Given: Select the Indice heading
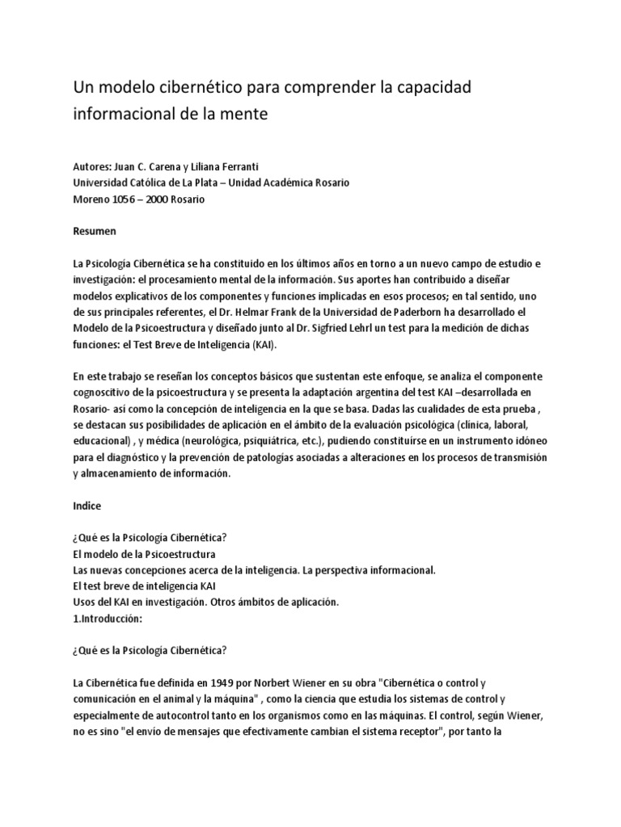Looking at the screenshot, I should coord(87,506).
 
